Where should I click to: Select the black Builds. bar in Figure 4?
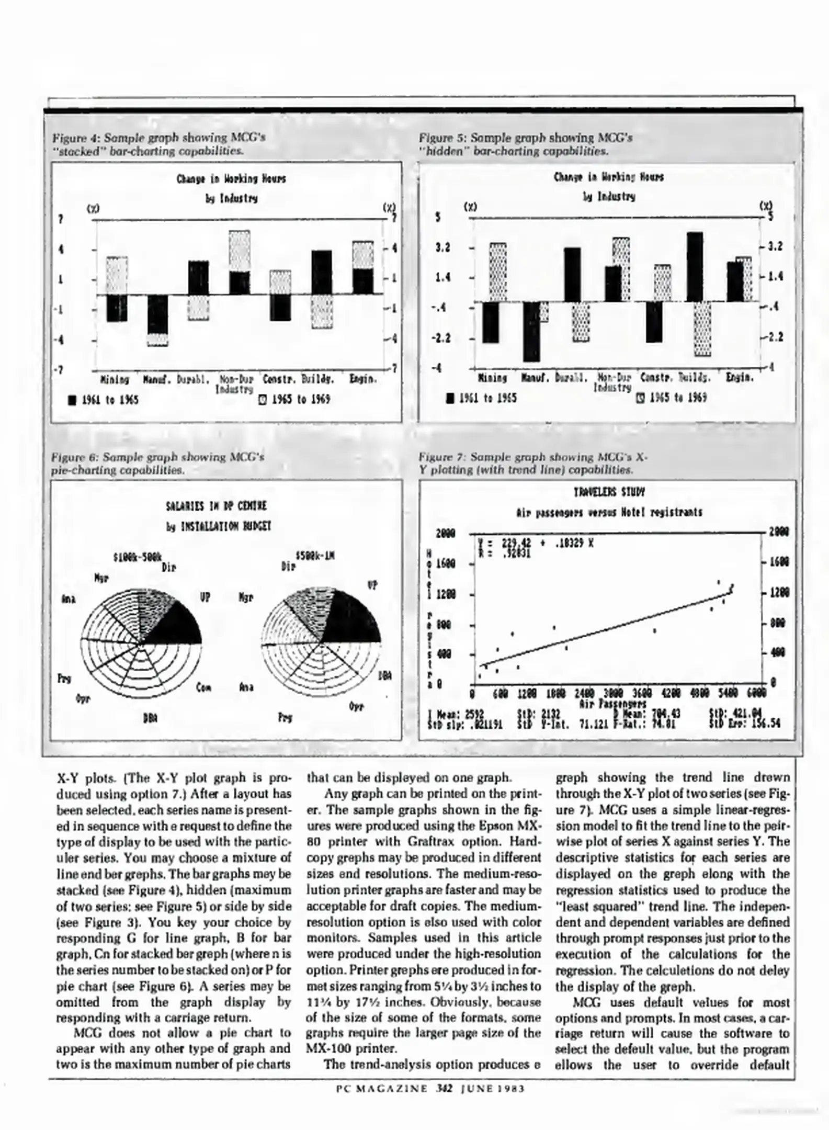[321, 272]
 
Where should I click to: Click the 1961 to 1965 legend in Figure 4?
[104, 400]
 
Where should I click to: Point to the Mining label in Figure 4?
[115, 379]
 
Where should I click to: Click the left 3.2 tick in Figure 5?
[443, 247]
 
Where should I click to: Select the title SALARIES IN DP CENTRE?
[216, 506]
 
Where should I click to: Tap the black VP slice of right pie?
[356, 617]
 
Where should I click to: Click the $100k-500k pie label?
[138, 556]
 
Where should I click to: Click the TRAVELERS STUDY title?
[609, 492]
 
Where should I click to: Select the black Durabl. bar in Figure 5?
[572, 275]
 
